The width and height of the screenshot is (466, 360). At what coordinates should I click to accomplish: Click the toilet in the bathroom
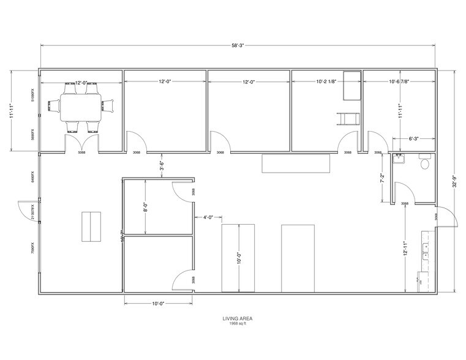click(426, 162)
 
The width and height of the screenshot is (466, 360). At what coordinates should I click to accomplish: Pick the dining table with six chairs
click(81, 105)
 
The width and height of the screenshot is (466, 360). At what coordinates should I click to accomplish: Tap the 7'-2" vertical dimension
click(382, 180)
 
